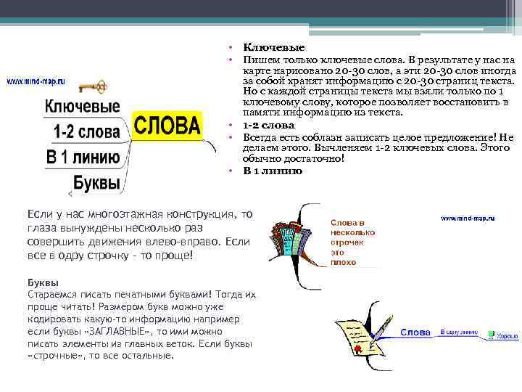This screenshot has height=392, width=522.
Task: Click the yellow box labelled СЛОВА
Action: tap(167, 126)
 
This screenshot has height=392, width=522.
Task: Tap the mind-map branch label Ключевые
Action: tap(82, 106)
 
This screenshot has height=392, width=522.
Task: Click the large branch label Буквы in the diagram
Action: tap(96, 182)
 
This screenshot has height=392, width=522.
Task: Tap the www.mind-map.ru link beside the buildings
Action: tap(468, 218)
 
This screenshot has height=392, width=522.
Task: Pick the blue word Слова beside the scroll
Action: tap(416, 332)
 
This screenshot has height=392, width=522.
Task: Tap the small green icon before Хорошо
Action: tap(491, 335)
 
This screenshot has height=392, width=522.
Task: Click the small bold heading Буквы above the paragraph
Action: tap(43, 282)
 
